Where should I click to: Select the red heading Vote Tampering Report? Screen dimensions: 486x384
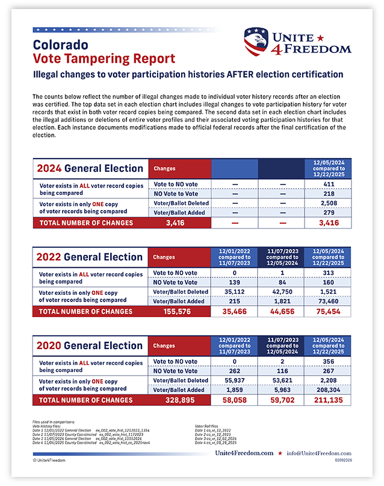point(104,58)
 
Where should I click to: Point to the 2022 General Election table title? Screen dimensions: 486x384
point(89,257)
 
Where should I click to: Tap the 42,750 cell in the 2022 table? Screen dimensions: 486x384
point(282,292)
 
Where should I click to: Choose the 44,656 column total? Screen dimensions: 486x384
point(282,312)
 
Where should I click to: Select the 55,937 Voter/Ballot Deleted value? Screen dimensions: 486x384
point(235,380)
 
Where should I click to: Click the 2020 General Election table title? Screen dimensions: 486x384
point(89,346)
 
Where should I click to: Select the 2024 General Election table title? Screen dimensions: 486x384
point(89,168)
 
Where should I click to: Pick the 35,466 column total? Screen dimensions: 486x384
point(235,312)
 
